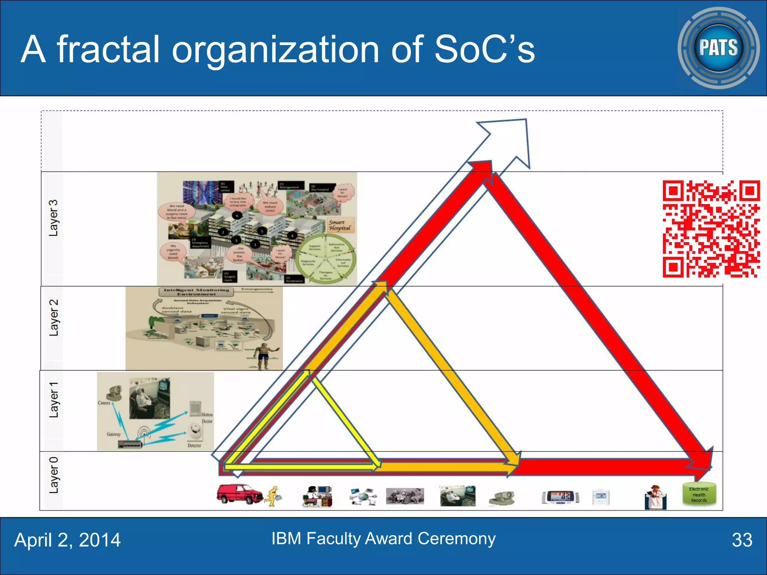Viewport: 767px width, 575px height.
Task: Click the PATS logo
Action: (x=718, y=48)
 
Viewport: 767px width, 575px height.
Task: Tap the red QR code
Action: (x=711, y=229)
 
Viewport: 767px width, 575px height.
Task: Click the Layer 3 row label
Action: (x=54, y=218)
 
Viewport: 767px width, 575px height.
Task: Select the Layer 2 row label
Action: (x=54, y=317)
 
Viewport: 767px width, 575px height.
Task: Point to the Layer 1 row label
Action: (x=54, y=400)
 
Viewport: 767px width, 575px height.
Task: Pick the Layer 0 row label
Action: (x=54, y=475)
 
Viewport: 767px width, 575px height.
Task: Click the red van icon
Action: (x=240, y=494)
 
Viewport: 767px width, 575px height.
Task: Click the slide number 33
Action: (x=742, y=540)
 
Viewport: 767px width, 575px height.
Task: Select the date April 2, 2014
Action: (x=67, y=540)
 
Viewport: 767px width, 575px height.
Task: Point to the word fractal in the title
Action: (x=108, y=49)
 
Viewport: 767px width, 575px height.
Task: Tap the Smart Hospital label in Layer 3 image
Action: (x=339, y=225)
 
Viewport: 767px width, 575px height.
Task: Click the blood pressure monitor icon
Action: (x=560, y=497)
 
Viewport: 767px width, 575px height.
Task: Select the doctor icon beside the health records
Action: (x=655, y=497)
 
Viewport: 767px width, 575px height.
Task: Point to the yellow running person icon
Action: (x=274, y=496)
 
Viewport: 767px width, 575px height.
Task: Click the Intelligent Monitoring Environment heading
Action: (x=196, y=292)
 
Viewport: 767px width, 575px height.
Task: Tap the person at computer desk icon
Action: (x=317, y=496)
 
